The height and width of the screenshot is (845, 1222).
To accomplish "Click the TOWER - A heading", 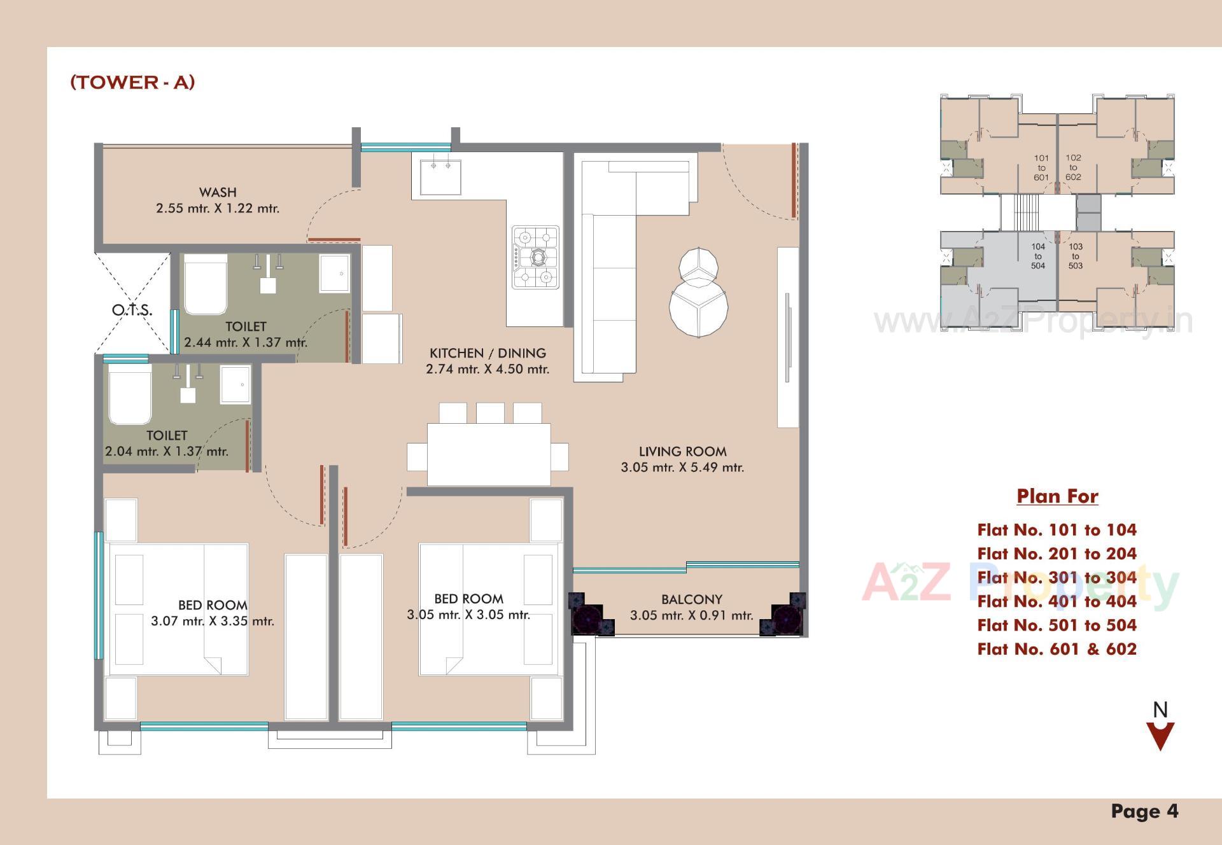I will tap(132, 82).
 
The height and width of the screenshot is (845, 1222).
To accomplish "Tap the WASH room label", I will tap(218, 192).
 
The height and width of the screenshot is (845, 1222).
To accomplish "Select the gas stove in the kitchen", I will tap(535, 257).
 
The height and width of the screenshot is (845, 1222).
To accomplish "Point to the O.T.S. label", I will tap(132, 311).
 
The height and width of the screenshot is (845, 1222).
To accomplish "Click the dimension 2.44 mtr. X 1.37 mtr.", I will tap(246, 342).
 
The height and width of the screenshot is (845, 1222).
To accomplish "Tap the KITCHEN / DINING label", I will tap(488, 353).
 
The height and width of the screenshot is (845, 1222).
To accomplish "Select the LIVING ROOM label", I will tap(682, 452).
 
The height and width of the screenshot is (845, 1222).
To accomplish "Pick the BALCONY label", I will tap(692, 599).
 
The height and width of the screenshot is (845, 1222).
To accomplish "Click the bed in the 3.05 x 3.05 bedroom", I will tap(488, 609).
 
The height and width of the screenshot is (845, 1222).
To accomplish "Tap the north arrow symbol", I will tap(1160, 736).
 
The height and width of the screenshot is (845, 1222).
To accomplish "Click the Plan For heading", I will tap(1057, 496).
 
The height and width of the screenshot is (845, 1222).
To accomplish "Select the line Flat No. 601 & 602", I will tap(1057, 649).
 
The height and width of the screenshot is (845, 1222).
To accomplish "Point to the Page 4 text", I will tap(1144, 811).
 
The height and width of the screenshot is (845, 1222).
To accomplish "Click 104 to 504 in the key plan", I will tap(1038, 256).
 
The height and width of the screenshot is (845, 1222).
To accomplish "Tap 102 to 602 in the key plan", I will tap(1073, 167).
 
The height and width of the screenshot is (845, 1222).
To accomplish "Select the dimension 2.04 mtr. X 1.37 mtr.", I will tap(167, 452).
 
